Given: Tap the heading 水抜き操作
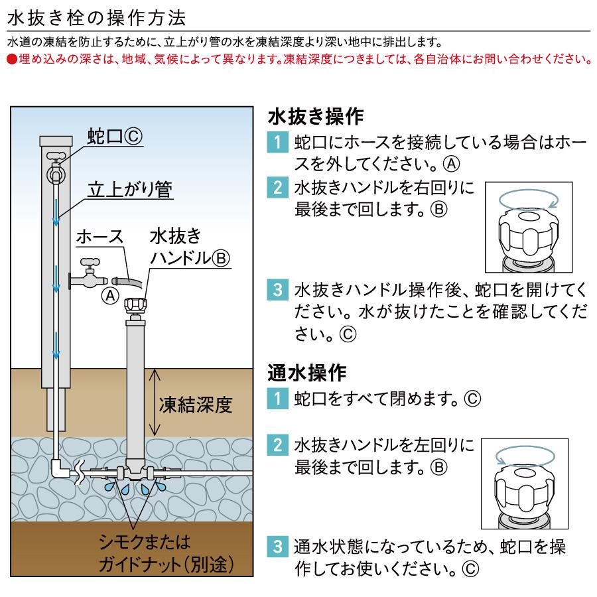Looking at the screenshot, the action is point(315,117).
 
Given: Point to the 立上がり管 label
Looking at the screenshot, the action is point(130,190).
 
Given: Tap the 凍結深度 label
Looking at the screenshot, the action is point(196,405).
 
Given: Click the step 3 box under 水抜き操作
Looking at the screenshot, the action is point(277,290).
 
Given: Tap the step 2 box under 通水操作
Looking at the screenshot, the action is point(277,442).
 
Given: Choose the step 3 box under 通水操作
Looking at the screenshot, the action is point(277,547).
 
